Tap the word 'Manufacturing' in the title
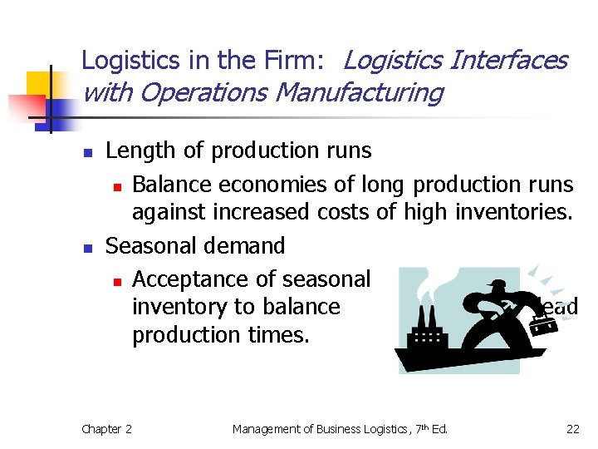click(x=358, y=92)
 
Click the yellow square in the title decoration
click(x=38, y=84)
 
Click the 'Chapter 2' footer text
click(x=106, y=429)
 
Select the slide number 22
click(x=572, y=429)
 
